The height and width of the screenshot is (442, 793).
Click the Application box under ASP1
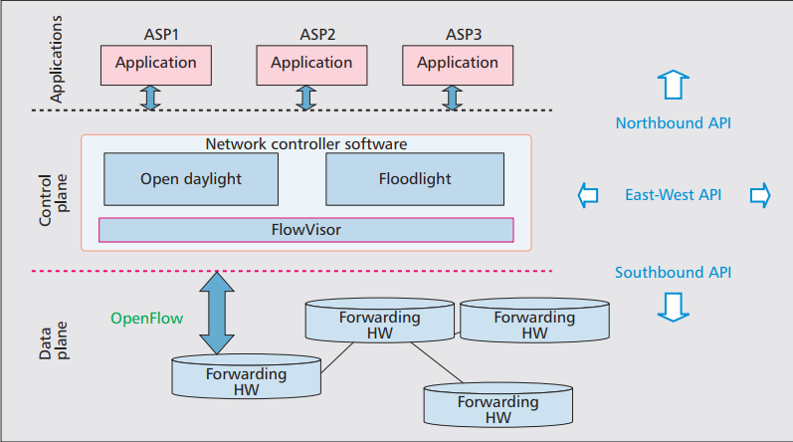point(155,64)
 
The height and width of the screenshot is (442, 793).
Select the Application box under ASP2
point(311,64)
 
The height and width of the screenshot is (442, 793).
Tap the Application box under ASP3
point(457,64)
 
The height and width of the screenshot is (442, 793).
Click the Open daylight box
point(191,179)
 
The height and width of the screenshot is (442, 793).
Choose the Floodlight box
point(415,179)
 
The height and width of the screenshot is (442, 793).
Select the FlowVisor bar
point(306,230)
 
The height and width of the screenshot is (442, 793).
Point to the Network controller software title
point(306,143)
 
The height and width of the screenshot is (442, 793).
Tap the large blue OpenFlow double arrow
point(215,313)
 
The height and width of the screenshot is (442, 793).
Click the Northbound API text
point(674,124)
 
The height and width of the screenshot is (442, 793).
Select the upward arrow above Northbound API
point(674,85)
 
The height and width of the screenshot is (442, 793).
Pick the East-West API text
point(674,195)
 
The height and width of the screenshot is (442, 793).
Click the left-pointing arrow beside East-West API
point(588,195)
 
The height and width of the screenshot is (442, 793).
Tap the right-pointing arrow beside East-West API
point(759,195)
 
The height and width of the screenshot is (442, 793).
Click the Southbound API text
point(674,273)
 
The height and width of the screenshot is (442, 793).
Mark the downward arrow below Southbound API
point(674,308)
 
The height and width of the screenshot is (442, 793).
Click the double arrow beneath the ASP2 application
point(306,98)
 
